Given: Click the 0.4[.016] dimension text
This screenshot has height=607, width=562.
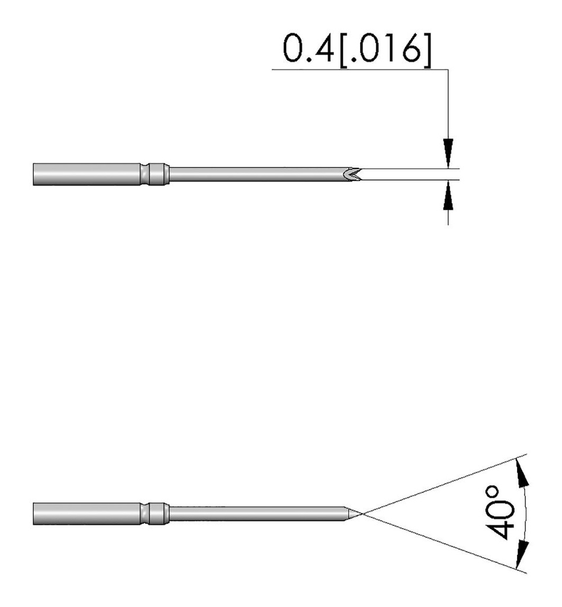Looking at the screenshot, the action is coord(357,49).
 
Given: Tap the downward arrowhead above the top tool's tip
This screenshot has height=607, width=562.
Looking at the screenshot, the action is coord(448,152).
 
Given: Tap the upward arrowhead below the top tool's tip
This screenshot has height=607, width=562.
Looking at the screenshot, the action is coord(448,195).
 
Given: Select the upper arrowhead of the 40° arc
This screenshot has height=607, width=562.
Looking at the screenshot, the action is coord(522,472).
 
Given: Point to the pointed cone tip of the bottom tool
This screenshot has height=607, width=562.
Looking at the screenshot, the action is coord(353,513).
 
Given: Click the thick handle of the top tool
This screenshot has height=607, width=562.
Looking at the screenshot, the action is coord(87,174).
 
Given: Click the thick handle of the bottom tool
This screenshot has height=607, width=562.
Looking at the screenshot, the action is coord(87,514).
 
